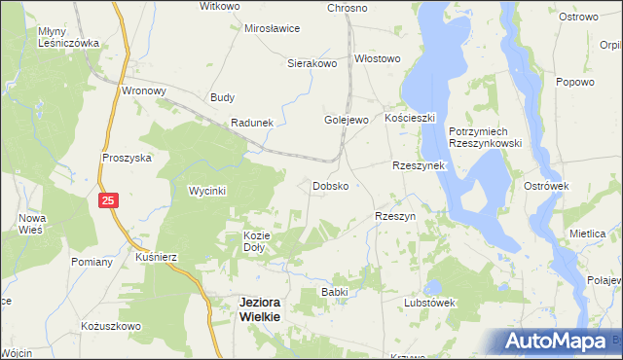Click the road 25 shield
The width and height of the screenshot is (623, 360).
[108, 200]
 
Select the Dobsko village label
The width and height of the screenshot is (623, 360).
[330, 185]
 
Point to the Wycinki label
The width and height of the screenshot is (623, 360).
[207, 191]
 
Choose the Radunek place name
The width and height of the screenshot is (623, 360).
[251, 123]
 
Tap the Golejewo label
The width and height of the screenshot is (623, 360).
[346, 120]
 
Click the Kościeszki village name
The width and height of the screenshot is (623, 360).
[409, 116]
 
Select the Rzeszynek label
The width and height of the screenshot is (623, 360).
[418, 165]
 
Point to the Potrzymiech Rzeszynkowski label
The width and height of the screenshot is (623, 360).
[486, 136]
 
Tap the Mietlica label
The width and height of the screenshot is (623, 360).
[588, 234]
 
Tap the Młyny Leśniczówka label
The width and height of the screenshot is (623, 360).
[69, 38]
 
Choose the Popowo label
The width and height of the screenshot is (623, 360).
[574, 83]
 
